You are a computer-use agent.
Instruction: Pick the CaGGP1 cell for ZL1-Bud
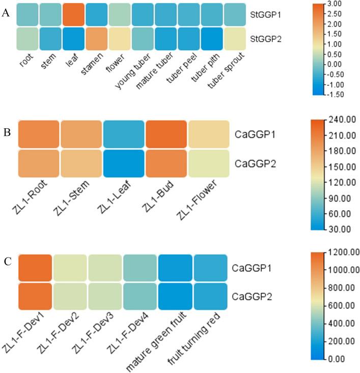164,134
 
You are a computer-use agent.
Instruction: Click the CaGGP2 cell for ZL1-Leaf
123,162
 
